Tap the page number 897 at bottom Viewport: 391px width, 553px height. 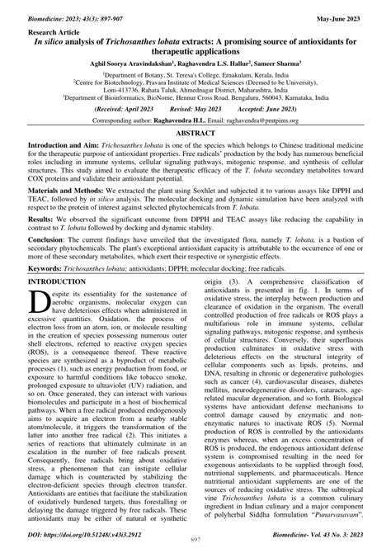pyautogui.click(x=195, y=546)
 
